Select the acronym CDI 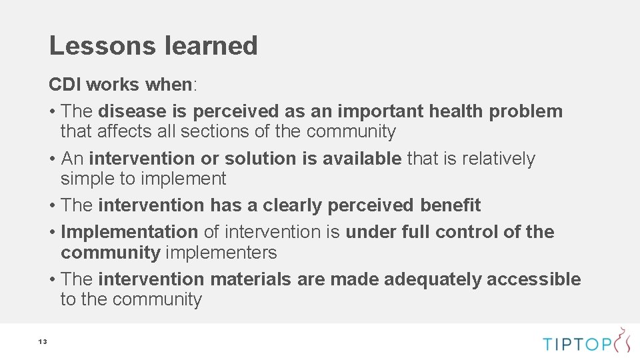click(65, 85)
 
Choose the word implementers click(221, 253)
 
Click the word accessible click(533, 279)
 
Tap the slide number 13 click(42, 342)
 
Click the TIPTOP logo click(586, 343)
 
